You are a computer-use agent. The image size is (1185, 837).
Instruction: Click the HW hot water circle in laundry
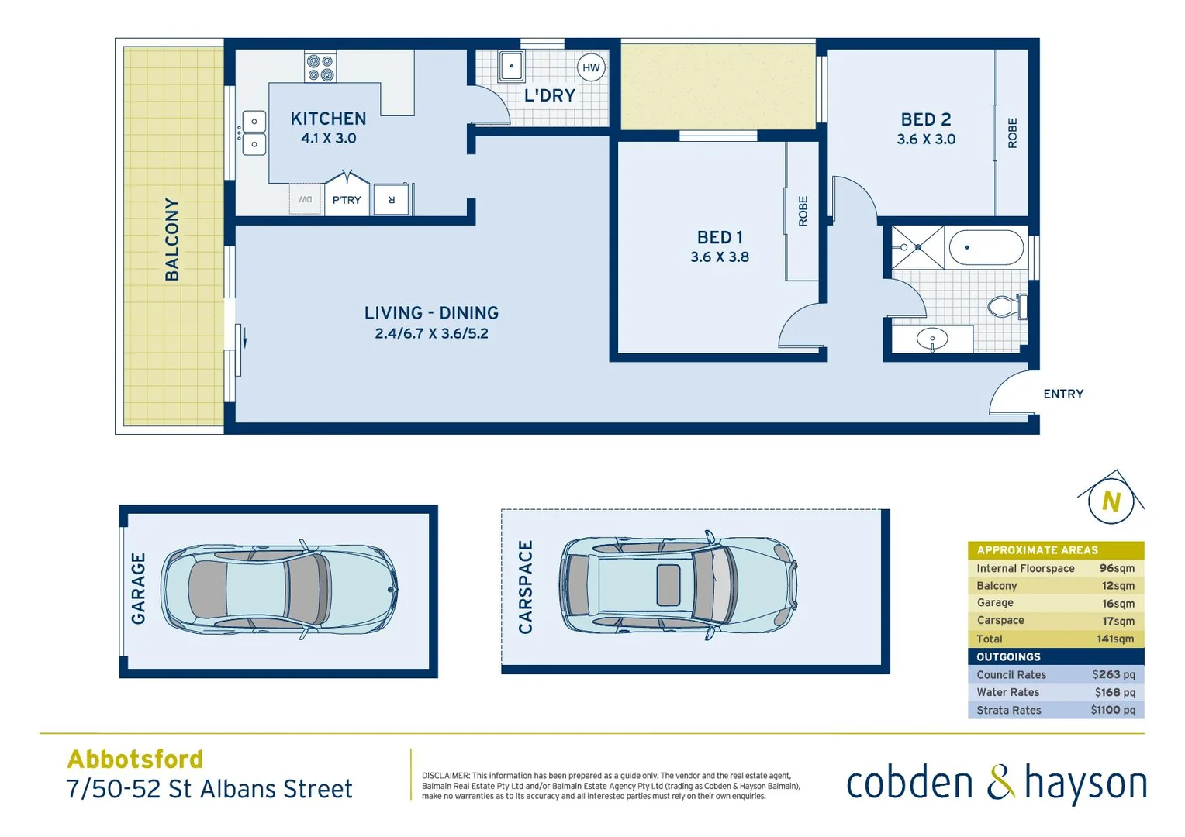coord(591,67)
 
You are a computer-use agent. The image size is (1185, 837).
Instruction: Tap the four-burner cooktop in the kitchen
coord(320,67)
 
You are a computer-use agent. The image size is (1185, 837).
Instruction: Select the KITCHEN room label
coord(328,119)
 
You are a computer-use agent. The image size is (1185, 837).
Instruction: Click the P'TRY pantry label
coord(347,200)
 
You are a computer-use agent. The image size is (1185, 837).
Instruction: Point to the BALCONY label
coord(172,239)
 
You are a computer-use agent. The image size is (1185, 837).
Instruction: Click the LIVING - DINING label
coord(431,313)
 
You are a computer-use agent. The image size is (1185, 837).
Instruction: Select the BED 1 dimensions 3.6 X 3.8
coord(720,257)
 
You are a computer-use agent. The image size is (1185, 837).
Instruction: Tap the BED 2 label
coord(925,119)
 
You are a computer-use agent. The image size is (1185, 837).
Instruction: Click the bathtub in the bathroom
coord(986,247)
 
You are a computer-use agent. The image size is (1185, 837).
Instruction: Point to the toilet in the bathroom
coord(1006,307)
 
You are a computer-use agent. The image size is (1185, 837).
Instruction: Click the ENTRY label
coord(1063,394)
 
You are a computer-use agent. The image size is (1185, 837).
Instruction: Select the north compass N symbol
coord(1111,501)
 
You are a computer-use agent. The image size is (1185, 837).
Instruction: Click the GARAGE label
coord(138,588)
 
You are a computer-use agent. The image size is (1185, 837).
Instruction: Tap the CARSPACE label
coord(526,587)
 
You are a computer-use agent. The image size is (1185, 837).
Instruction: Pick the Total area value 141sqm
coord(1115,639)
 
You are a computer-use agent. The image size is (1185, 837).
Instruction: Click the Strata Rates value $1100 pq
coord(1113,710)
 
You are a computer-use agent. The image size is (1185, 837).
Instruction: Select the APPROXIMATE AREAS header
coord(1037,550)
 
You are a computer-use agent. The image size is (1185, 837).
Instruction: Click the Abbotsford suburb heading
coord(135,759)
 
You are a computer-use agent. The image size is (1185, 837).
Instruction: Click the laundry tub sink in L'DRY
coord(511,66)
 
